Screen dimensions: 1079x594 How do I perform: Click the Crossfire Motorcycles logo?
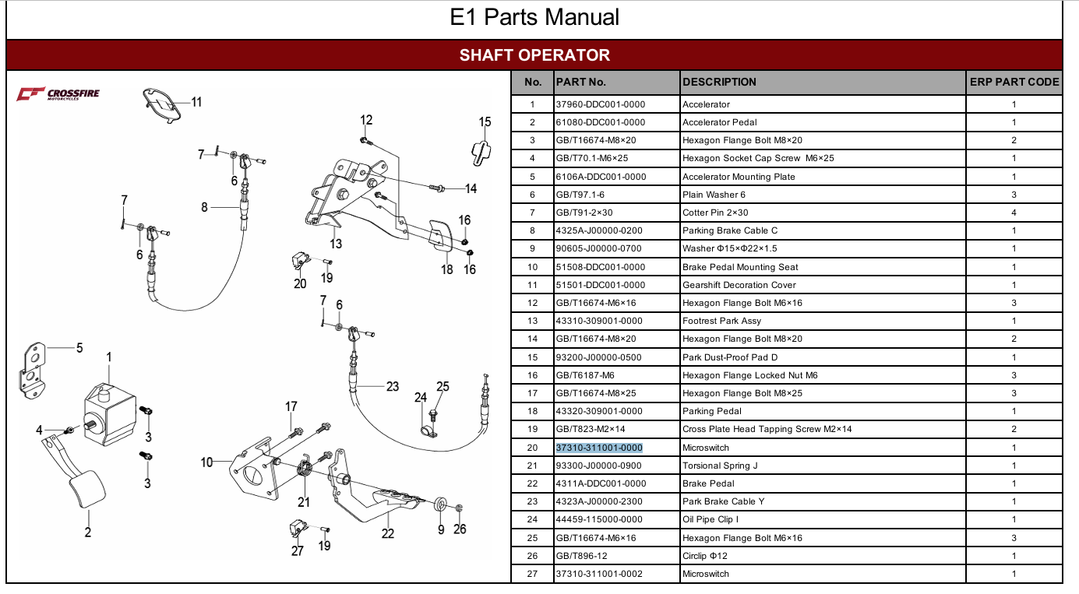[58, 94]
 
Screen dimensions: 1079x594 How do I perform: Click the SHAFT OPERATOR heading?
[534, 54]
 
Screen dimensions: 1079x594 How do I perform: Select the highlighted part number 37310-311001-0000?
[599, 448]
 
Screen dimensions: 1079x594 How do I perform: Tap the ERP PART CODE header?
[1014, 82]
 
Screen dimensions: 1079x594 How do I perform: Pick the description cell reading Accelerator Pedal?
[719, 122]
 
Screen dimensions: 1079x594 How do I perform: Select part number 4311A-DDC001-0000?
[601, 483]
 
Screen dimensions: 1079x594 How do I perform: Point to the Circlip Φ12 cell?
[705, 556]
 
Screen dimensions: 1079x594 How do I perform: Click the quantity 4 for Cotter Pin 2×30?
[1014, 213]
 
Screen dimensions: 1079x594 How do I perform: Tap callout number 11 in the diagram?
[196, 102]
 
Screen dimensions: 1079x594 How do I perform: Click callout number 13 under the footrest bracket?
[336, 244]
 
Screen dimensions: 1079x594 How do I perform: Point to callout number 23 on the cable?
[393, 386]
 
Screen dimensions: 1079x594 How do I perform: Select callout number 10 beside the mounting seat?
[206, 462]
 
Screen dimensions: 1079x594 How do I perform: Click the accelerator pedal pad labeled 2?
[88, 488]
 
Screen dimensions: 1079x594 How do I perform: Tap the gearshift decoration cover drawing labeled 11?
[162, 106]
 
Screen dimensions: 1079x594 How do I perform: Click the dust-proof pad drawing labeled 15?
[481, 153]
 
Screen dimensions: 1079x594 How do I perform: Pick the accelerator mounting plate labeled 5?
[33, 371]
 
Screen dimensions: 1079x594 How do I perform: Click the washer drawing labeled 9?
[440, 505]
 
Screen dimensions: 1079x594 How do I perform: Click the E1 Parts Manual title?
[534, 17]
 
